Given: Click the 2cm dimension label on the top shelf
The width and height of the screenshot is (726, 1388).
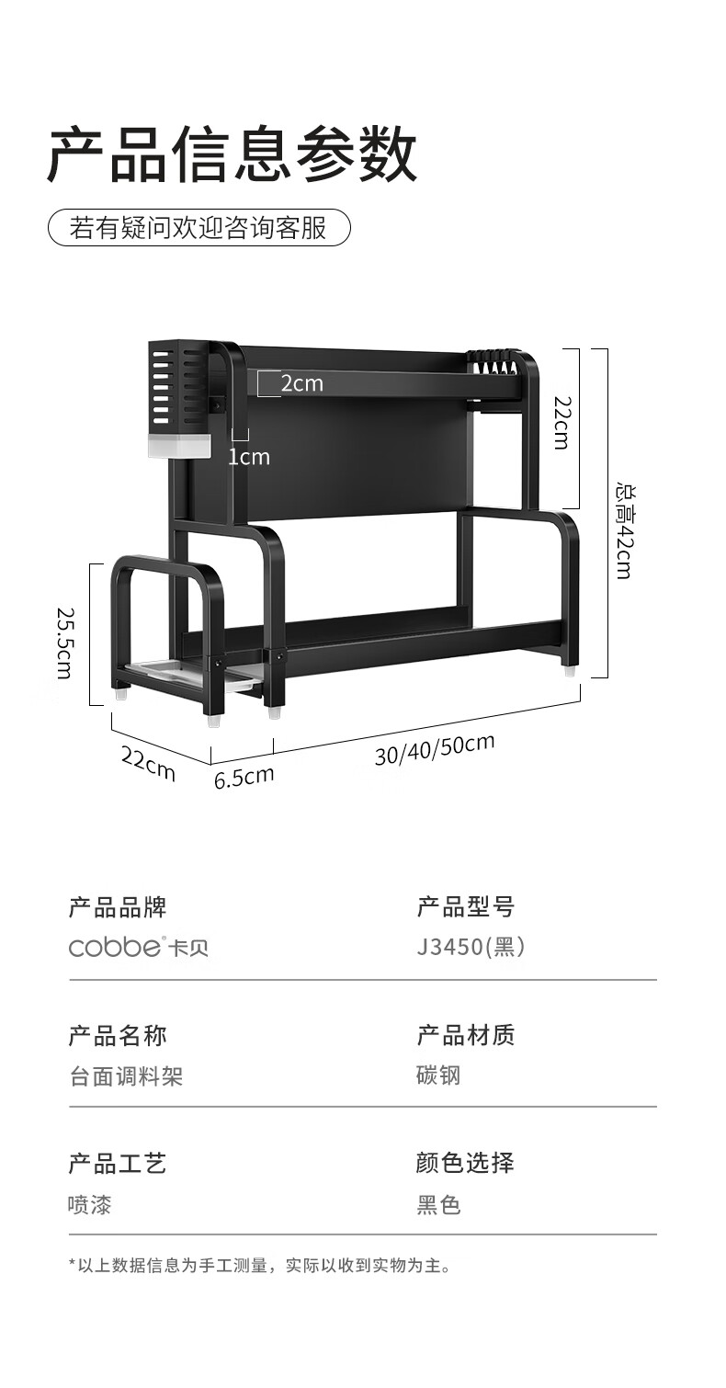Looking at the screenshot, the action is (x=302, y=383).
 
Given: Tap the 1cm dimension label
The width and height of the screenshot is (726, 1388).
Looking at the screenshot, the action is (x=249, y=457).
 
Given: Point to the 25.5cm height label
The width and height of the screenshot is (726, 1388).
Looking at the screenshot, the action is (x=64, y=642).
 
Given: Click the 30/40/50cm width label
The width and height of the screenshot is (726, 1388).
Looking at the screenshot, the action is (x=435, y=750).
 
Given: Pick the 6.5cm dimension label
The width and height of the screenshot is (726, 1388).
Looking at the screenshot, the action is (x=244, y=777).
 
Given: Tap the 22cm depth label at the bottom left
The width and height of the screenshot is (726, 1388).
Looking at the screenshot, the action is (x=148, y=764).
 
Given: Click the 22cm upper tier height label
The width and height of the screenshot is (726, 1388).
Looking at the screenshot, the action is (x=561, y=423).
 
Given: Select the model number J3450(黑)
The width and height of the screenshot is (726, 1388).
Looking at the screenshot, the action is (x=471, y=946).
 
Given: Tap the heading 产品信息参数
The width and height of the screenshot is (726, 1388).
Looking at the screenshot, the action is (x=233, y=154).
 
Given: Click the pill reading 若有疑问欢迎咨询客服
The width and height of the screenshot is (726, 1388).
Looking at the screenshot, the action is (x=199, y=227).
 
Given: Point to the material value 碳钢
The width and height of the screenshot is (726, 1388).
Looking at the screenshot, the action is (x=438, y=1075).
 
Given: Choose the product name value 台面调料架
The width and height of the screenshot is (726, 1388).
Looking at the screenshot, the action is (x=126, y=1076).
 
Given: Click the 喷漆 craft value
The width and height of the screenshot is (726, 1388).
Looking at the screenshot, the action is (x=90, y=1205).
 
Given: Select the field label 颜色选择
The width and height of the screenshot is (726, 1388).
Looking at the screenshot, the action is (x=465, y=1163).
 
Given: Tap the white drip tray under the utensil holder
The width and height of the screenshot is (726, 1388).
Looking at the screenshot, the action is (x=179, y=446).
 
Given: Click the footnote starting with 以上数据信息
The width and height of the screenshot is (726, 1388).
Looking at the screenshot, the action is (x=260, y=1266).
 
